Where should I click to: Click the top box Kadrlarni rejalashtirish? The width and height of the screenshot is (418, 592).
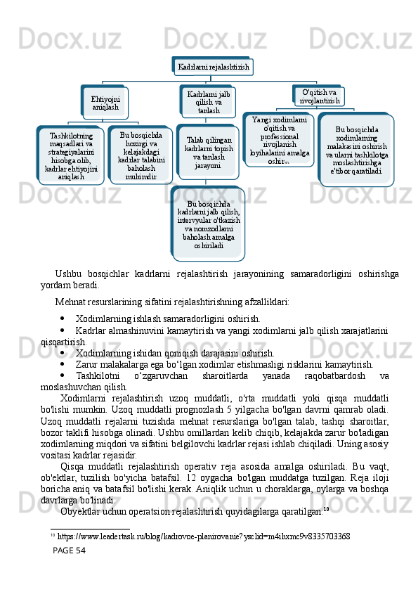pyautogui.click(x=214, y=67)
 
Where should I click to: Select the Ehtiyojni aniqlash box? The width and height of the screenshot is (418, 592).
pyautogui.click(x=105, y=103)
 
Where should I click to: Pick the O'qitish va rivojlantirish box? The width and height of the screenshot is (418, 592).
pyautogui.click(x=319, y=96)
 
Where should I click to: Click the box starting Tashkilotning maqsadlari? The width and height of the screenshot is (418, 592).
pyautogui.click(x=71, y=155)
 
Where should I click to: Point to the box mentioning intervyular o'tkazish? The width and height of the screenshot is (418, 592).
pyautogui.click(x=209, y=224)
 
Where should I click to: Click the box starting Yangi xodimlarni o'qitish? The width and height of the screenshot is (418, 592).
pyautogui.click(x=279, y=141)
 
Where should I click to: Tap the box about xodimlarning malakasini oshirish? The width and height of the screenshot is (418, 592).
pyautogui.click(x=357, y=150)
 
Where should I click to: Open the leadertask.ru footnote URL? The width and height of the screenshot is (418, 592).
pyautogui.click(x=204, y=536)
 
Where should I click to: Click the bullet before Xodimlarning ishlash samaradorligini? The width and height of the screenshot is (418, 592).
pyautogui.click(x=63, y=318)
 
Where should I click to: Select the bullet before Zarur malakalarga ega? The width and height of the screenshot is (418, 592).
pyautogui.click(x=63, y=364)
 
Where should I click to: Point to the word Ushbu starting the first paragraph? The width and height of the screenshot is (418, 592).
pyautogui.click(x=67, y=274)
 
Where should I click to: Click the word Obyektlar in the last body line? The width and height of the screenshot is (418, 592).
pyautogui.click(x=80, y=511)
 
